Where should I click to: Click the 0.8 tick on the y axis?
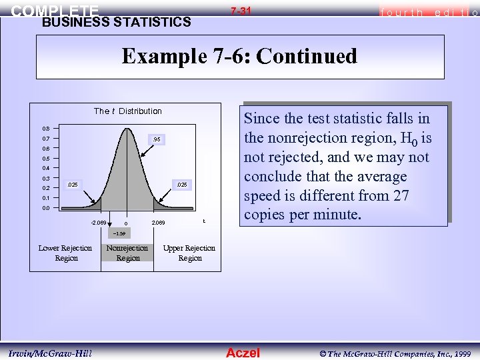tap(45, 129)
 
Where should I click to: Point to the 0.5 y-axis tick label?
tap(45, 159)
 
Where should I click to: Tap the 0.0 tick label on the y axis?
tap(45, 208)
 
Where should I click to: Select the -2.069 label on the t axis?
tap(98, 222)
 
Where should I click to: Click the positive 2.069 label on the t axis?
tap(159, 222)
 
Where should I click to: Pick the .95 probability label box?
tap(155, 139)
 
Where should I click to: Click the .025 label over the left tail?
tap(73, 183)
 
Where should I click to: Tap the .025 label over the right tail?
tap(181, 183)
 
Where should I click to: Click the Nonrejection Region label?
tap(127, 253)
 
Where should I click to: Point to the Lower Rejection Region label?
tap(65, 253)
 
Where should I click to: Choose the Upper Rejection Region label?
tap(189, 253)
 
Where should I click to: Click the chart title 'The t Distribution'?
tap(127, 111)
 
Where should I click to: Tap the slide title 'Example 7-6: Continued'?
tap(239, 56)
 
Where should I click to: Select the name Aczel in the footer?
tap(243, 353)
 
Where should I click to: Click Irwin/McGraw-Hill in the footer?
tap(51, 353)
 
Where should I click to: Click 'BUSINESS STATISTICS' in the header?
tap(116, 22)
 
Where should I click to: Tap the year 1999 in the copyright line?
tap(462, 353)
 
